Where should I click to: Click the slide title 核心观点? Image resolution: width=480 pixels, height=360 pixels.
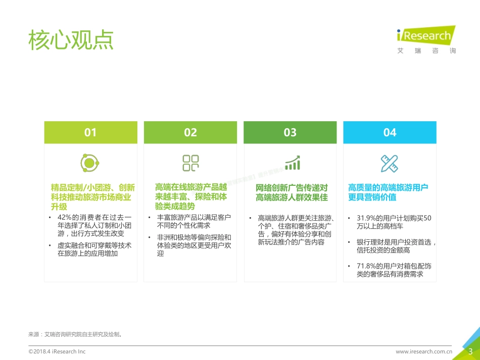pyautogui.click(x=71, y=40)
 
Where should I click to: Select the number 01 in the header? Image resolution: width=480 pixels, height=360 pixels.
pyautogui.click(x=90, y=132)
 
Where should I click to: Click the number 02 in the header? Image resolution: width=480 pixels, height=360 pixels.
pyautogui.click(x=190, y=132)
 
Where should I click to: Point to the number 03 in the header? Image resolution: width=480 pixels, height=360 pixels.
pyautogui.click(x=290, y=132)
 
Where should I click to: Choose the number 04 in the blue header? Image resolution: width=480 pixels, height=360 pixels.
pyautogui.click(x=390, y=132)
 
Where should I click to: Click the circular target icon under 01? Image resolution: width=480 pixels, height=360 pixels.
pyautogui.click(x=90, y=163)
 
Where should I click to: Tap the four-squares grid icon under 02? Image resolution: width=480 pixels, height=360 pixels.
pyautogui.click(x=190, y=163)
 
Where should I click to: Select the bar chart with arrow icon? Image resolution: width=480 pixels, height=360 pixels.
pyautogui.click(x=292, y=163)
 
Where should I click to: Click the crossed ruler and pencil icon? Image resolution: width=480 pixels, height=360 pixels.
pyautogui.click(x=390, y=163)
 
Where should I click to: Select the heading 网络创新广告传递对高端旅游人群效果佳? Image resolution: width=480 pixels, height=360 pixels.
pyautogui.click(x=292, y=192)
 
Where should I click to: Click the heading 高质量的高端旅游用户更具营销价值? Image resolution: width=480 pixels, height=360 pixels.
pyautogui.click(x=388, y=192)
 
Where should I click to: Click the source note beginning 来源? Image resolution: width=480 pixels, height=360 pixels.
pyautogui.click(x=76, y=334)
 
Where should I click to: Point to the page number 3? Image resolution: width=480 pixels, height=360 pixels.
pyautogui.click(x=470, y=351)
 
